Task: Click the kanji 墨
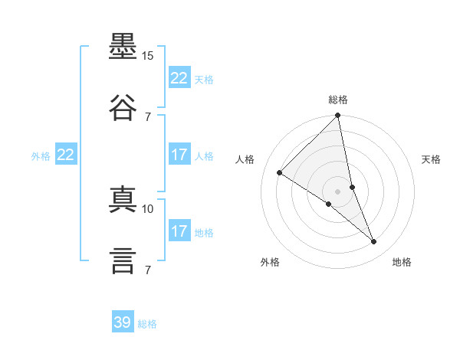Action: [123, 46]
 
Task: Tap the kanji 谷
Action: [123, 107]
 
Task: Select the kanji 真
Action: [123, 199]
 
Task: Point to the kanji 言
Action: [123, 260]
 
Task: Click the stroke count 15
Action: [147, 56]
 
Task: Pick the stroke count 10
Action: [147, 209]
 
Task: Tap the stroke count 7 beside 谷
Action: [148, 117]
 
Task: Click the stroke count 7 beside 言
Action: [148, 270]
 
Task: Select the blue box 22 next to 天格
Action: [179, 77]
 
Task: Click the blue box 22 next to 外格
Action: [66, 154]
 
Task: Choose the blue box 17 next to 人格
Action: [179, 154]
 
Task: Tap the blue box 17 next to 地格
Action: [179, 230]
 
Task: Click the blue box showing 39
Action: [123, 321]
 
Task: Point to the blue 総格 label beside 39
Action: [147, 324]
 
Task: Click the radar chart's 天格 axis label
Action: [431, 159]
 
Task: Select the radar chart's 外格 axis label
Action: [270, 262]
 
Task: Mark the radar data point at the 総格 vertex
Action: [337, 115]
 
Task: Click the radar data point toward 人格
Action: [280, 172]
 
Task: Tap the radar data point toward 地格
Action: [373, 241]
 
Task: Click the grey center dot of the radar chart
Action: [337, 191]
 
